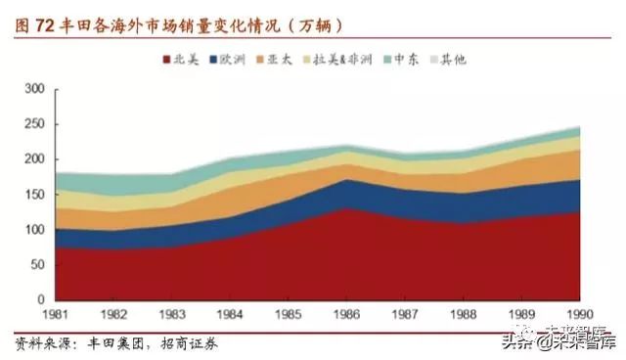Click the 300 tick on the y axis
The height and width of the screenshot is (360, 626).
coord(35,89)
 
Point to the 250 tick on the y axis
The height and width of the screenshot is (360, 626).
coord(35,124)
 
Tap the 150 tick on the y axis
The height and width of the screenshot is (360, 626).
coord(35,195)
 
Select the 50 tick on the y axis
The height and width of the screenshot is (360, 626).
coord(38,265)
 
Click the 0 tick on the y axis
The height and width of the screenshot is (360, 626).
coord(42,300)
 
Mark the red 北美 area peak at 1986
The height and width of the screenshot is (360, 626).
coord(347,209)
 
